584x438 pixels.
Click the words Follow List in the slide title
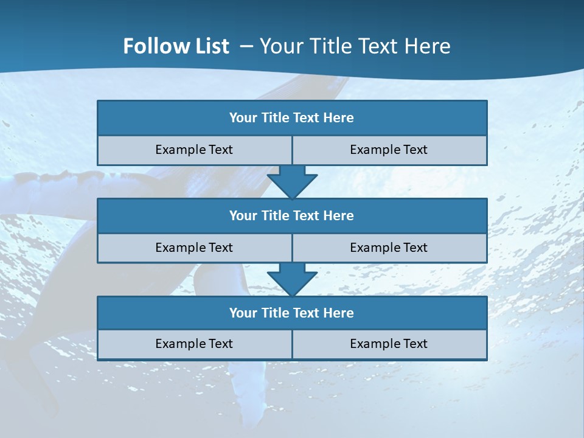point(176,46)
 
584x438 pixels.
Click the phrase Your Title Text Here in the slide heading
point(355,46)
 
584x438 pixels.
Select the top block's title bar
point(292,118)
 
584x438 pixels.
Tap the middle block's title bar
point(292,215)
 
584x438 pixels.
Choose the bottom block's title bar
point(292,313)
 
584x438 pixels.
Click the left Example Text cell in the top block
point(194,150)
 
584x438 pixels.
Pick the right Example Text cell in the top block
point(389,150)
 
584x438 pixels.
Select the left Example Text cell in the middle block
point(194,248)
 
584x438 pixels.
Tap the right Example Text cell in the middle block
point(389,248)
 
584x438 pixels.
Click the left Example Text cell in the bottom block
point(194,344)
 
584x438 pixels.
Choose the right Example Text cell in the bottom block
point(389,344)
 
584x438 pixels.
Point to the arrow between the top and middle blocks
point(292,181)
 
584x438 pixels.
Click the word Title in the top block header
point(274,118)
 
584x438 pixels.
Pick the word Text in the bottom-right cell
point(415,344)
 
